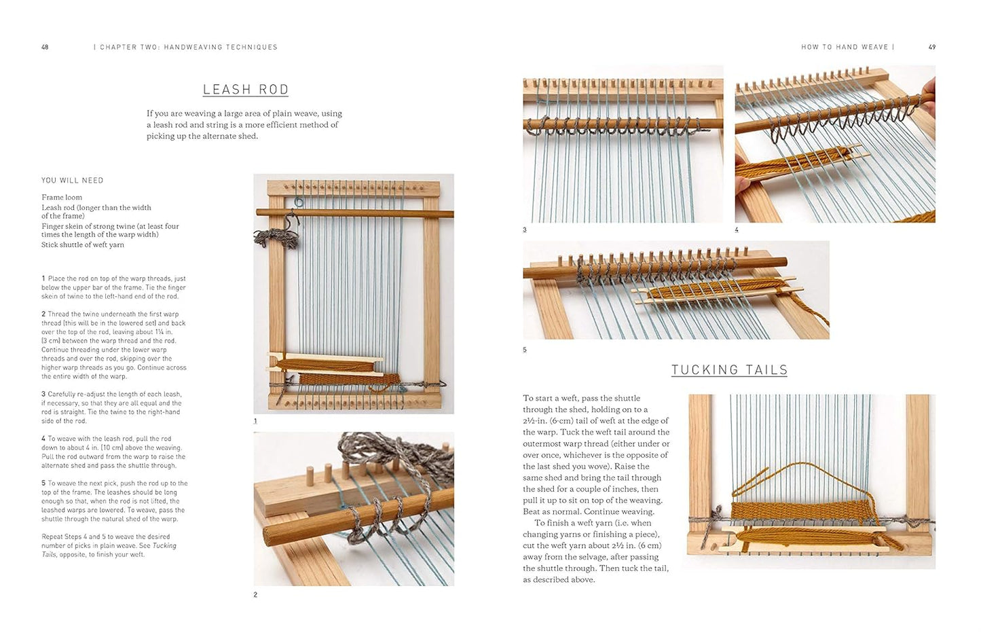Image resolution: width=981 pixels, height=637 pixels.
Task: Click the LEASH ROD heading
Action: [246, 90]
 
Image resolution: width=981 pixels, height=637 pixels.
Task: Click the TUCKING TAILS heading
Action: [729, 370]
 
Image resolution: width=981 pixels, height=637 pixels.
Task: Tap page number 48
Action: [45, 48]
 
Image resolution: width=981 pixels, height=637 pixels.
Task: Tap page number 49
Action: [932, 48]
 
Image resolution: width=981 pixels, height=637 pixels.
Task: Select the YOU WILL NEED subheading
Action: [73, 181]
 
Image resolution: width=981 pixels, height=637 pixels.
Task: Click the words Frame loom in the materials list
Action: [62, 198]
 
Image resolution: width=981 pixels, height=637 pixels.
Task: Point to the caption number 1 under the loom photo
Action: [255, 421]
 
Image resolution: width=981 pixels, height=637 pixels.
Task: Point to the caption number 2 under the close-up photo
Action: [255, 595]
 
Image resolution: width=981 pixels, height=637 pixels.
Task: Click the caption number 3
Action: [525, 230]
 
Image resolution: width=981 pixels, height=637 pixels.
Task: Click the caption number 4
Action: [737, 230]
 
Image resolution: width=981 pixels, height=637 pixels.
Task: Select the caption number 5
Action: [525, 350]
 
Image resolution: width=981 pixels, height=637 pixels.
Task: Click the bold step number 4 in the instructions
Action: [43, 439]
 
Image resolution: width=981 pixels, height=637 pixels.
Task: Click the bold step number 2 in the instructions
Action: [43, 314]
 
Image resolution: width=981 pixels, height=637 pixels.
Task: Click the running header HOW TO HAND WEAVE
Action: [845, 48]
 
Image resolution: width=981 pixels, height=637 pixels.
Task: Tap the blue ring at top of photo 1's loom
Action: [299, 202]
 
